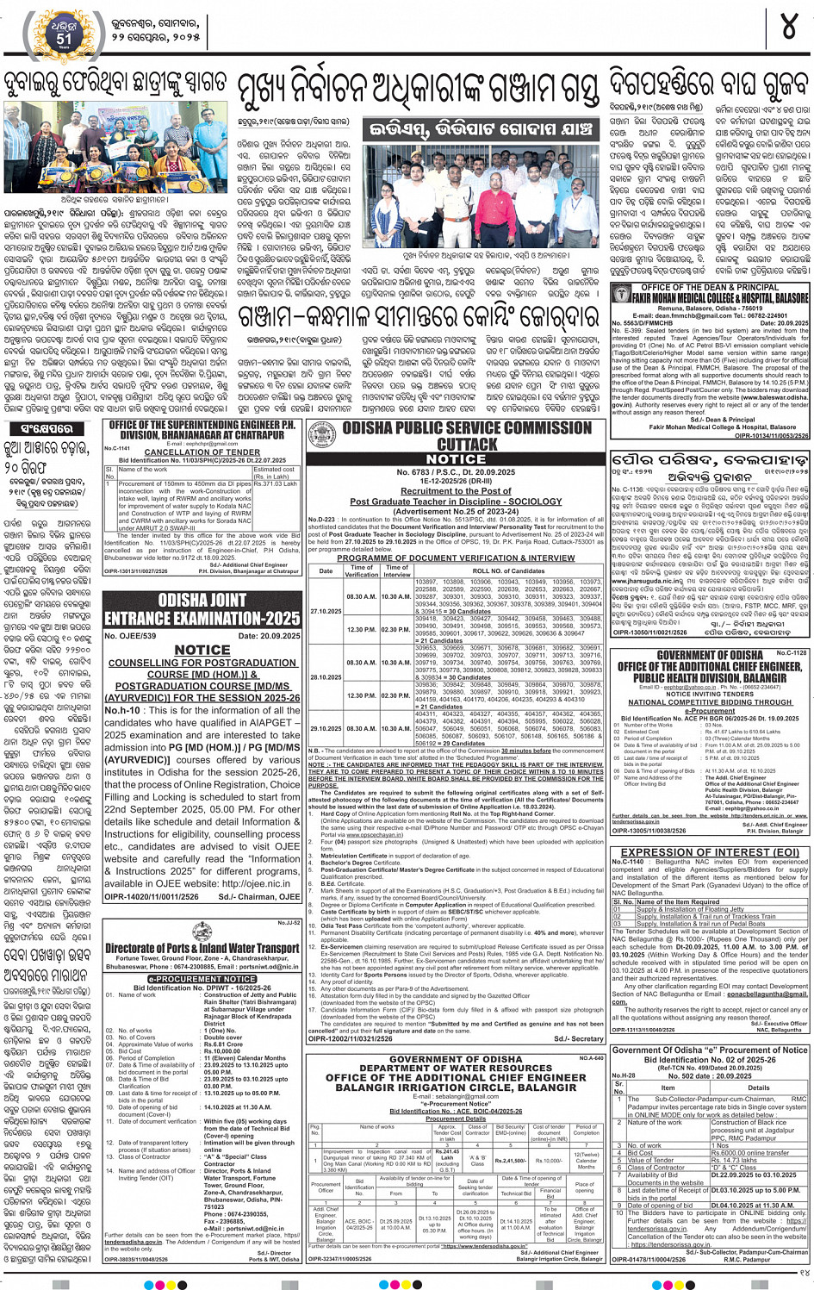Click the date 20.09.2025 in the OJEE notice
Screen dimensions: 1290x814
tap(269, 636)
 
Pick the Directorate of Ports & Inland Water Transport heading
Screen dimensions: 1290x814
tap(202, 948)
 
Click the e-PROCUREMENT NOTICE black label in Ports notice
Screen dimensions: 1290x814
tap(202, 979)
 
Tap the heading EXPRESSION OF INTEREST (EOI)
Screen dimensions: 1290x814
tap(710, 852)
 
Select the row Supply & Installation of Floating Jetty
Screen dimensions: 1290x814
tap(689, 909)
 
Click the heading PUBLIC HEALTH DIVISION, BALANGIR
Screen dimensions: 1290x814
tap(710, 677)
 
